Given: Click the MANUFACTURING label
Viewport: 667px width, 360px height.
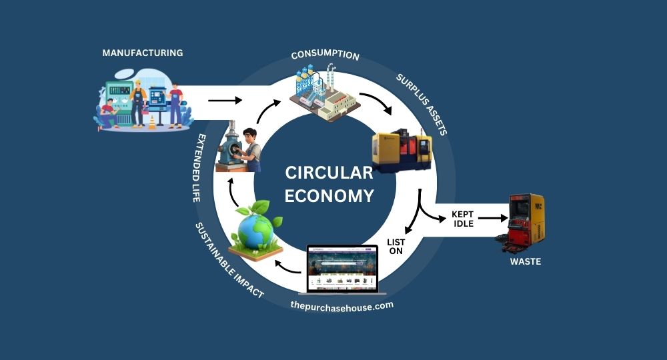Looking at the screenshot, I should click(142, 53).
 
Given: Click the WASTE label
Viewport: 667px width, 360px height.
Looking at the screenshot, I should click(526, 262).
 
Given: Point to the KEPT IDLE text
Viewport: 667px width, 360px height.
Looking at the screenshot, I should click(462, 219).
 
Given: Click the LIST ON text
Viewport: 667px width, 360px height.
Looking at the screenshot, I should click(396, 247).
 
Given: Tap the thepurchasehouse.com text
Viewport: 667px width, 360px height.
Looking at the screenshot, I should click(342, 305).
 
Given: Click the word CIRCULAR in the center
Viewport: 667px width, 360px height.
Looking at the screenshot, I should click(329, 173).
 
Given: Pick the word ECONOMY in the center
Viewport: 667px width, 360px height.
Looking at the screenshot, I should click(329, 196).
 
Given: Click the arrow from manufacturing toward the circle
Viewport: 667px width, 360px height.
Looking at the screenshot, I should click(225, 101).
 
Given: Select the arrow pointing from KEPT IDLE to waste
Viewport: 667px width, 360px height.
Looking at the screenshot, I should click(494, 218).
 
